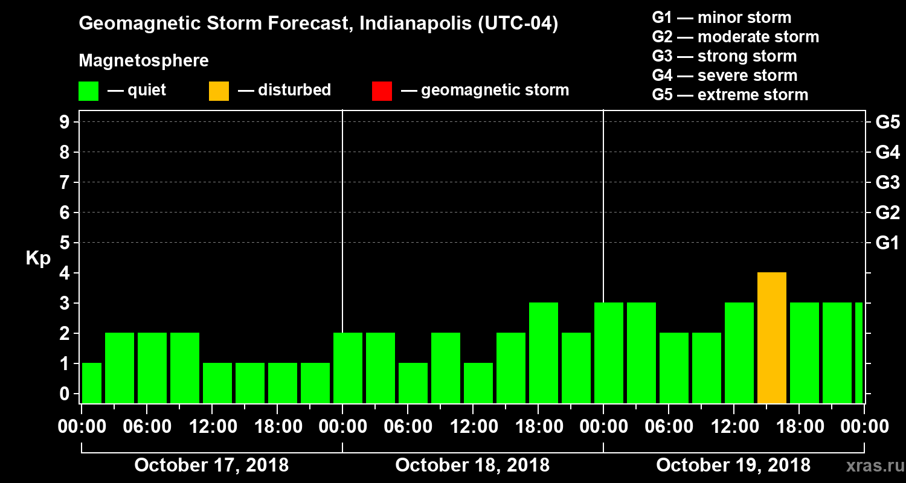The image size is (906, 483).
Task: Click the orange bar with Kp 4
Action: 771,337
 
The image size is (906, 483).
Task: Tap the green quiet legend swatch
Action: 88,91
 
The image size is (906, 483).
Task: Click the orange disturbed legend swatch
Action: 219,91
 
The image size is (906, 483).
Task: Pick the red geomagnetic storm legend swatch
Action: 382,91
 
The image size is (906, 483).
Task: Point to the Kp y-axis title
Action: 37,258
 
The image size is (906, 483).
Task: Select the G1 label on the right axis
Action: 887,243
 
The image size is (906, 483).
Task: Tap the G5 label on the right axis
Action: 887,123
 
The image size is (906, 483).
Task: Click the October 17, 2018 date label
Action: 211,465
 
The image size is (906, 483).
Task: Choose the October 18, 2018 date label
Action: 472,465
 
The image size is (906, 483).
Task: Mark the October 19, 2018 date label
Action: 733,465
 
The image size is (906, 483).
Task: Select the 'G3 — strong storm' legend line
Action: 724,56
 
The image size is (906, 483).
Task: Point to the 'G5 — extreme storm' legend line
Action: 730,95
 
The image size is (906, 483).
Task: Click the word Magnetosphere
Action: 144,61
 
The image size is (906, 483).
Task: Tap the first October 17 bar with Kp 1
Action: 92,383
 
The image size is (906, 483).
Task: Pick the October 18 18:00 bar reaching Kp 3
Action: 543,353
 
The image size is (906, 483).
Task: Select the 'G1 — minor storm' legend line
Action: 721,18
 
